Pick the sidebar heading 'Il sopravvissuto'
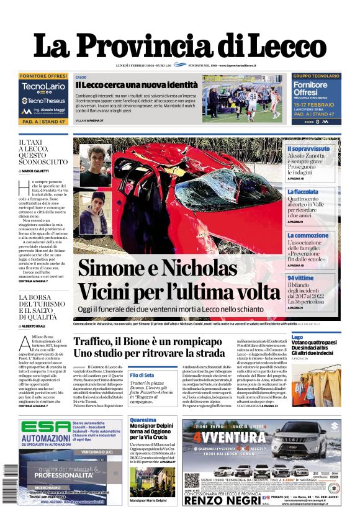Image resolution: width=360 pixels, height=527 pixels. (x=308, y=149)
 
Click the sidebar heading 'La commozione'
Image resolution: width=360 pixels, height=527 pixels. (x=308, y=235)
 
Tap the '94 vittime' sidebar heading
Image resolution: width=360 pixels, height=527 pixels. (x=300, y=277)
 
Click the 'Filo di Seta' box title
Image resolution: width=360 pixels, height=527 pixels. (x=142, y=375)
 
